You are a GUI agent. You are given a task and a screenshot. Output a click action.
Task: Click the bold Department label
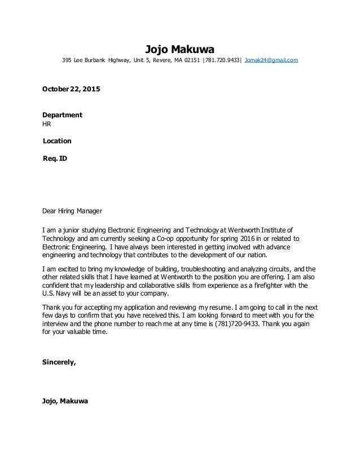[x=63, y=115]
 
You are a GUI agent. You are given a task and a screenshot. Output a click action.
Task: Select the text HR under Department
[x=47, y=124]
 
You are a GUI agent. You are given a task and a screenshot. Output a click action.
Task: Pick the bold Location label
[x=58, y=140]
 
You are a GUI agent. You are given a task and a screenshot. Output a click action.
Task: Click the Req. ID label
[x=55, y=159]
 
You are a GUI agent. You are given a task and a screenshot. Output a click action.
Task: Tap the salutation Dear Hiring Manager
[x=73, y=212]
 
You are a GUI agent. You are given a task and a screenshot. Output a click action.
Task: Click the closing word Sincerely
[x=59, y=362]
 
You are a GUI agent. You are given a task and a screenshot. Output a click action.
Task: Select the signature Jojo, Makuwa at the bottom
[x=65, y=402]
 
